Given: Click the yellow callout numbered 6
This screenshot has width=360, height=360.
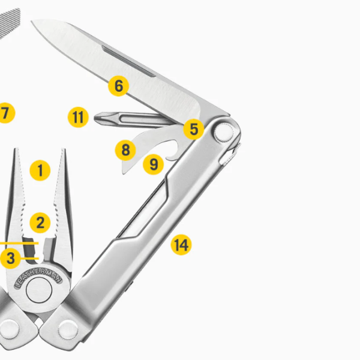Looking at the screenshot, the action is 118,86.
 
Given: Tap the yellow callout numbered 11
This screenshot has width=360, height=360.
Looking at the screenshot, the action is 78,117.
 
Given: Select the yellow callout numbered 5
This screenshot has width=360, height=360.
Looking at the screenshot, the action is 194,129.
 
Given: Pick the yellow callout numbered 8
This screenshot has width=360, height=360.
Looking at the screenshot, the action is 125,151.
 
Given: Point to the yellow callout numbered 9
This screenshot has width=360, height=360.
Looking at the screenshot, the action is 154,164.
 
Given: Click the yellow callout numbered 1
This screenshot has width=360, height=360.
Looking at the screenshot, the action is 40,170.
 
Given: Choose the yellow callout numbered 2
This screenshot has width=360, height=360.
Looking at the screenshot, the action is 40,223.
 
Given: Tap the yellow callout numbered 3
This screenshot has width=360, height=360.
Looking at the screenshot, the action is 10,258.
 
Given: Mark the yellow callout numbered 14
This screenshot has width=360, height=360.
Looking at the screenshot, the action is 181,245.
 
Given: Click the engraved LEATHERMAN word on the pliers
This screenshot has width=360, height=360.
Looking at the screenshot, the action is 38,278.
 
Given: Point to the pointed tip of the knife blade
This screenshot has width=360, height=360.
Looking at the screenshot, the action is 32,21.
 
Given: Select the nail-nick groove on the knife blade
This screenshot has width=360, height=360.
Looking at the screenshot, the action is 129,61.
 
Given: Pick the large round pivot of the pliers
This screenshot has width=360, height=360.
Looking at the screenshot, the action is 39,290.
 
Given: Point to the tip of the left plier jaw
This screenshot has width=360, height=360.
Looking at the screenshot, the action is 17,149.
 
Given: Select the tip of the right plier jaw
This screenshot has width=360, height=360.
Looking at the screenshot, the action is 64,150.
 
